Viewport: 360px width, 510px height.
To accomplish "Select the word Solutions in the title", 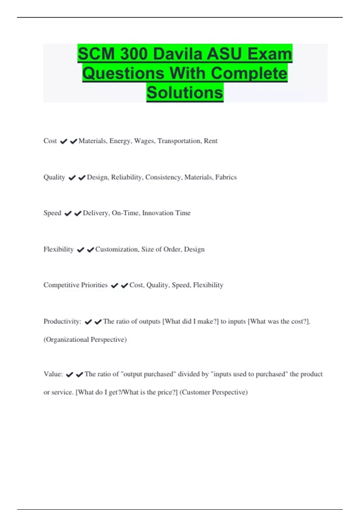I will [185, 92].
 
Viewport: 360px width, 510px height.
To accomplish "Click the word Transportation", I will [179, 141].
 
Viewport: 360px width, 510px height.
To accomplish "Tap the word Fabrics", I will [226, 177].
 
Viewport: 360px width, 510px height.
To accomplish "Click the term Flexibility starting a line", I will [58, 249].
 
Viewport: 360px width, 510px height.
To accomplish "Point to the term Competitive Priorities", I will [75, 285].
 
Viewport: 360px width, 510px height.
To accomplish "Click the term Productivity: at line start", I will [62, 322].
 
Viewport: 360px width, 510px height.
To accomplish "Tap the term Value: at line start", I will [53, 374].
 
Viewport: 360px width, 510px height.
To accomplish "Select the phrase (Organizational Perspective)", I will [85, 340].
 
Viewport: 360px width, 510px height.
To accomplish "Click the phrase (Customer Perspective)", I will [213, 392].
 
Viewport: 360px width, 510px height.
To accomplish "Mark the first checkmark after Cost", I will [64, 141].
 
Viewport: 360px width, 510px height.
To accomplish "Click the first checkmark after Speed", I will [68, 213].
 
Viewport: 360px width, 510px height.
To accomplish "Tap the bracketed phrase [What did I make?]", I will [190, 322].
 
